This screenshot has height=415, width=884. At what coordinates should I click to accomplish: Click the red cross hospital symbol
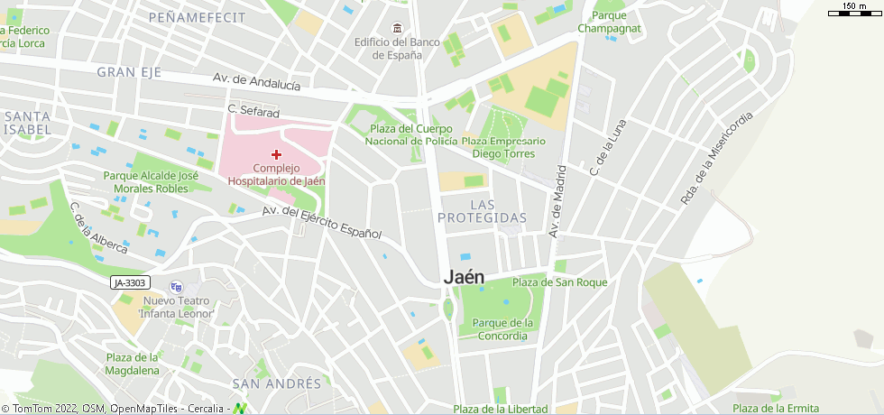(276, 155)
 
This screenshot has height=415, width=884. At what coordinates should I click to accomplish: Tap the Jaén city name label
(465, 279)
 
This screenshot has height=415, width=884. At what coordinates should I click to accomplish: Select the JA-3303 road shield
(129, 283)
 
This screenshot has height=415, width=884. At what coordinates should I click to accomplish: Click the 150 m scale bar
(853, 10)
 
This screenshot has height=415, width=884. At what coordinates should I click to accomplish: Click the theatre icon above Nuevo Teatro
(176, 287)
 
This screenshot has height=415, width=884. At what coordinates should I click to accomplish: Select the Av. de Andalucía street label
(257, 82)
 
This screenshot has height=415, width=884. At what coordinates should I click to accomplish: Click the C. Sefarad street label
(253, 109)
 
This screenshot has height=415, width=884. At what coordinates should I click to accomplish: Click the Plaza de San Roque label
(559, 282)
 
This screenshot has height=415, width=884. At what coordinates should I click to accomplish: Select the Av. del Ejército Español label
(321, 222)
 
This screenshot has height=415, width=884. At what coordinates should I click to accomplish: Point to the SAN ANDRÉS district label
(276, 383)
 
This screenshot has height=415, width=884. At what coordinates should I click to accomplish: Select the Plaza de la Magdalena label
(132, 364)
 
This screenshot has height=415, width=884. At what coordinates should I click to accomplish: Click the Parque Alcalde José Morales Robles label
(151, 182)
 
